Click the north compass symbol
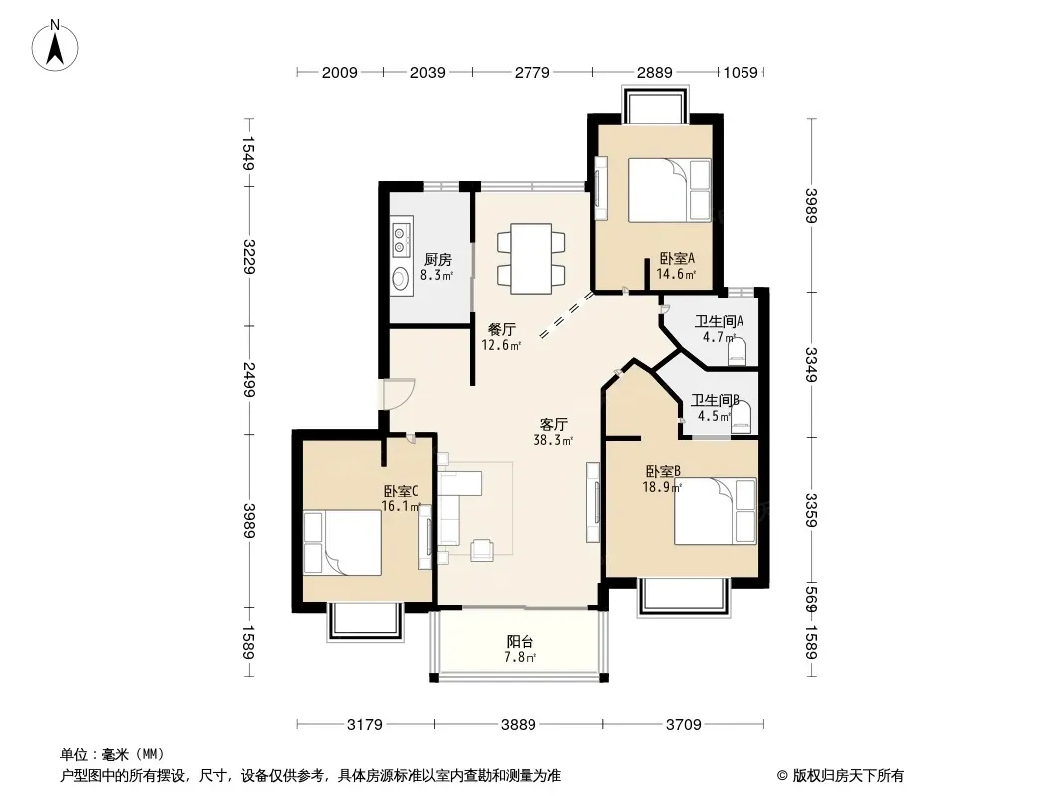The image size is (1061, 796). point(55,45)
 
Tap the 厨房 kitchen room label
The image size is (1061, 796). point(438,259)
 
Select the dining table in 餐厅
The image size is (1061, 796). point(531,259)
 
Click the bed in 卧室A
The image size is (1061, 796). point(669,190)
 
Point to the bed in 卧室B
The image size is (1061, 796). point(716,511)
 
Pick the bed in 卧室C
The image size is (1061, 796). point(342,543)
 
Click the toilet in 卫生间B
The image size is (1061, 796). point(741,417)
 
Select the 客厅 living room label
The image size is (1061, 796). point(553,425)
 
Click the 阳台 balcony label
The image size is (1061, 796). point(520,641)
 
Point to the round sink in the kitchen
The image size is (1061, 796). point(400,279)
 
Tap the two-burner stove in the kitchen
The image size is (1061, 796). point(402,237)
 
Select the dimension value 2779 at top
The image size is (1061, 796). point(531,72)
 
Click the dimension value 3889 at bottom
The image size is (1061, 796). point(519,725)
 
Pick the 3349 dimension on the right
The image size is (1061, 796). point(811,364)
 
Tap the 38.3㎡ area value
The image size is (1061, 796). point(553,440)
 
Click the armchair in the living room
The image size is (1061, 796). point(483,550)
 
